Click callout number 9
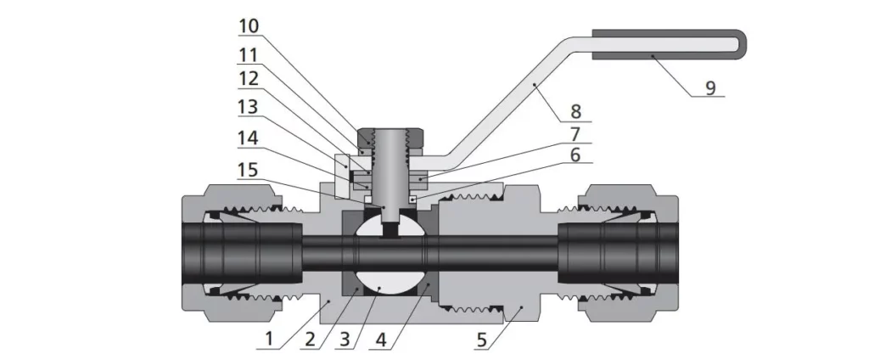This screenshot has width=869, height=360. click(709, 87)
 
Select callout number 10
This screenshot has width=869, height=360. click(249, 26)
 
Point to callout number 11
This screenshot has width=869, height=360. click(249, 54)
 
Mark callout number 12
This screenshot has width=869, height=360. click(249, 82)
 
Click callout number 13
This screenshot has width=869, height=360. click(249, 109)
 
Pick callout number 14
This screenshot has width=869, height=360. click(249, 137)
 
